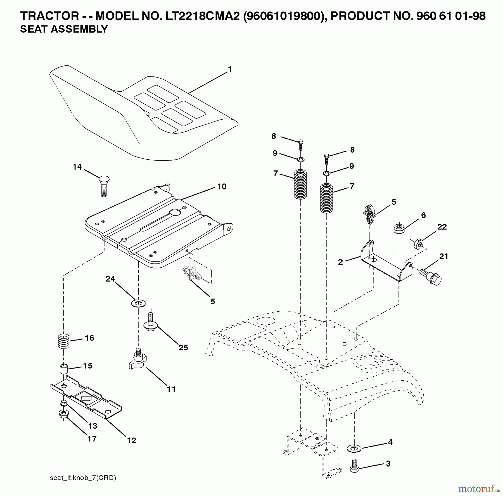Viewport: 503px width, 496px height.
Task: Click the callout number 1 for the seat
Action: pyautogui.click(x=229, y=69)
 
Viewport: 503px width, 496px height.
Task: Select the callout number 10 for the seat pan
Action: pyautogui.click(x=222, y=186)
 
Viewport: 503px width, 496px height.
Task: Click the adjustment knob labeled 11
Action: pyautogui.click(x=138, y=360)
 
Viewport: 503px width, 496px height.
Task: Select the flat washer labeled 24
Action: pyautogui.click(x=138, y=303)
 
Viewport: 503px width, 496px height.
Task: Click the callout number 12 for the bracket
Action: pyautogui.click(x=131, y=440)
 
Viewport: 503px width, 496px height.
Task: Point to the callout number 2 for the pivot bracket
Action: pyautogui.click(x=340, y=262)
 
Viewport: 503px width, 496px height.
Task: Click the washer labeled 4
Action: pyautogui.click(x=354, y=448)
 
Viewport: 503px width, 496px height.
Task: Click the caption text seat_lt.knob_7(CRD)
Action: pyautogui.click(x=83, y=478)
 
